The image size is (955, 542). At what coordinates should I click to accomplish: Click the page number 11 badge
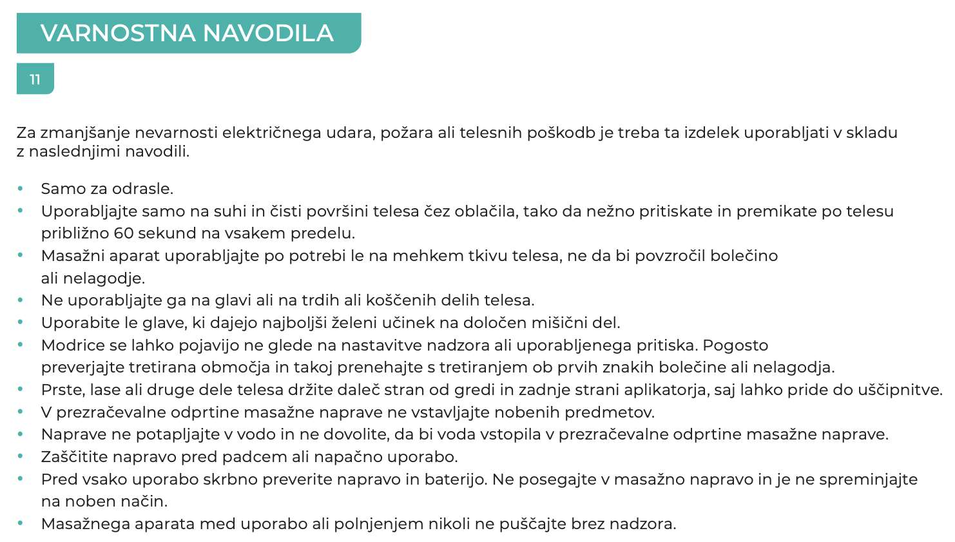point(35,79)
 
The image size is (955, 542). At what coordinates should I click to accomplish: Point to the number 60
point(124,233)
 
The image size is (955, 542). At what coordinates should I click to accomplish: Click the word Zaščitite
point(73,457)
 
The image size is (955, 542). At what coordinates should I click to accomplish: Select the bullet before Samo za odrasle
point(21,189)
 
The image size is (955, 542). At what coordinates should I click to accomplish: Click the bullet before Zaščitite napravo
point(21,457)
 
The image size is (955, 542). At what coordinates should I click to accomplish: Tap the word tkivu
point(486,256)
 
